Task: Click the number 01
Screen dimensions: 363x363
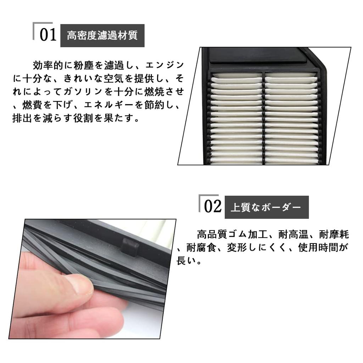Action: pos(48,35)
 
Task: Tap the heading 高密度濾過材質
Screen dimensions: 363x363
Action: pos(102,36)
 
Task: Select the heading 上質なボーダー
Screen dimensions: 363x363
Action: pos(266,207)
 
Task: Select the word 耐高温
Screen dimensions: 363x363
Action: pos(291,235)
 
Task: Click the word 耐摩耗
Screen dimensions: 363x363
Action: pos(334,235)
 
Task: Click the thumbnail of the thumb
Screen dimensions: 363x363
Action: pos(84,286)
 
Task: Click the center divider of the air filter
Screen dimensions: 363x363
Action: pos(263,117)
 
